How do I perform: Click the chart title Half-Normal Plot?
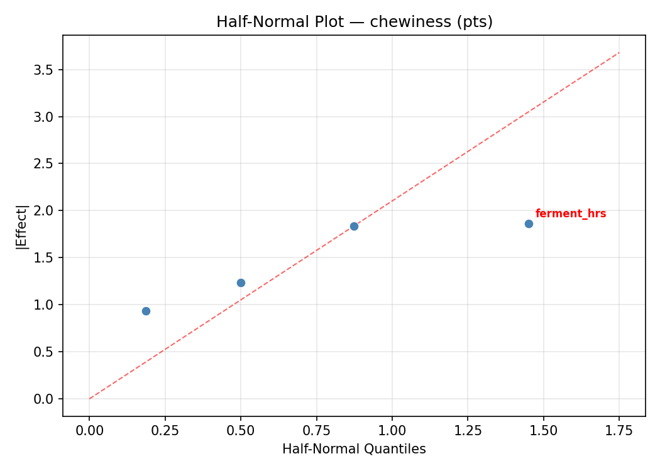[x=354, y=22]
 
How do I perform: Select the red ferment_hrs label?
[x=570, y=214]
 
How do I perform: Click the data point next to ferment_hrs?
[x=529, y=224]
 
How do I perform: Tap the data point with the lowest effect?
[x=146, y=311]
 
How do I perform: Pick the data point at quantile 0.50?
[x=241, y=283]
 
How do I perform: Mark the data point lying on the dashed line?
[x=354, y=226]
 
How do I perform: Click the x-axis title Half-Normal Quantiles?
[x=354, y=449]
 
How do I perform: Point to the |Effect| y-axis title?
[x=22, y=226]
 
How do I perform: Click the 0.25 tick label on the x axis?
[x=165, y=430]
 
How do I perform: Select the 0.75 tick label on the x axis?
[x=316, y=430]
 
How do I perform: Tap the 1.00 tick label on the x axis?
[x=392, y=430]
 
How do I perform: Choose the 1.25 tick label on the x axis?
[x=468, y=430]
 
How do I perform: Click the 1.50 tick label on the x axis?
[x=543, y=430]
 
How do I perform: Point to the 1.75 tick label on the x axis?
[x=619, y=430]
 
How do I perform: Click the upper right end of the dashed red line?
[x=619, y=53]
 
